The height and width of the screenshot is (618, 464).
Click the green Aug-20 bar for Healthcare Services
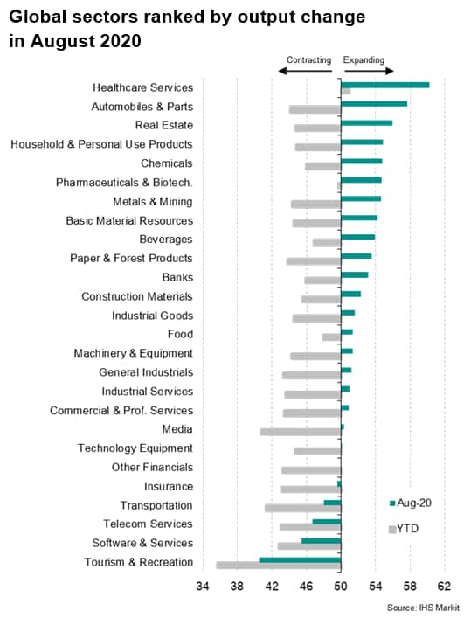point(385,85)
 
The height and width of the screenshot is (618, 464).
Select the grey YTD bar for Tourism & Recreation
point(279,566)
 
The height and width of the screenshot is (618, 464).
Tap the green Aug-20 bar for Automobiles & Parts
point(374,104)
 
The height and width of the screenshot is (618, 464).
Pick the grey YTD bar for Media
point(301,433)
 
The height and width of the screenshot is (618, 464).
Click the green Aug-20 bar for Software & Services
point(322,541)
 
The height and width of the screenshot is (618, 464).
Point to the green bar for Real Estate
point(367,123)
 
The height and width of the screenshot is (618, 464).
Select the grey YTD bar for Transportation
point(303,509)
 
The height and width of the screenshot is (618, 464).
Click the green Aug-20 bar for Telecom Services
point(327,522)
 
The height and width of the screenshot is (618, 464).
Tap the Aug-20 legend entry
point(410,503)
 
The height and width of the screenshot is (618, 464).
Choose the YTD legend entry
point(404,529)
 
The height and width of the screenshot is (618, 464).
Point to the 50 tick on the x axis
point(341,587)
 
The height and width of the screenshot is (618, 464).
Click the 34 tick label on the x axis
point(203,587)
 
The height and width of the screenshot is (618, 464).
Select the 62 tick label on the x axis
point(444,587)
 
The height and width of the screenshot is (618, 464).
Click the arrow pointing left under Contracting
point(305,72)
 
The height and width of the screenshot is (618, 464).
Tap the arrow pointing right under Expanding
point(369,72)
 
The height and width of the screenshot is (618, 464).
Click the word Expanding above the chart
point(364,60)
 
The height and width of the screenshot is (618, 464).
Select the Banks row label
point(177,277)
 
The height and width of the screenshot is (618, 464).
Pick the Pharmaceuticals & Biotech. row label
point(124,183)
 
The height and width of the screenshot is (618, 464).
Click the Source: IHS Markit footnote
point(423,608)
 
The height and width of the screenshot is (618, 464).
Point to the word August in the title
point(62,41)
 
